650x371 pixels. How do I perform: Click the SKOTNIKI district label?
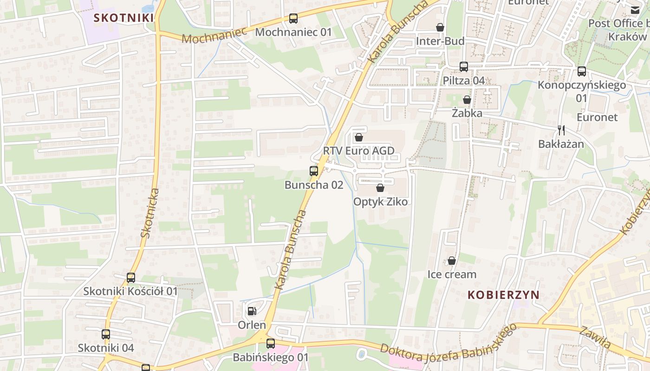(123, 18)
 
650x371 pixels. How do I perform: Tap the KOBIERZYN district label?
(503, 295)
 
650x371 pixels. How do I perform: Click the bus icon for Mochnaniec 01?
(293, 19)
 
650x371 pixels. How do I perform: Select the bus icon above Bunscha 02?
(314, 171)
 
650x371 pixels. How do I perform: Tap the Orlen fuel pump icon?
(252, 311)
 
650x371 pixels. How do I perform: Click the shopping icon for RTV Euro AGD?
(358, 137)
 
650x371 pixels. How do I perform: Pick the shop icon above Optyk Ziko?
(380, 188)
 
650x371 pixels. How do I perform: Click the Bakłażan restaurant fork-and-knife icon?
(561, 130)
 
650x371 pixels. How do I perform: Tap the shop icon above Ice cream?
(452, 261)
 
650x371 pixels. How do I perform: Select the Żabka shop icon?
(467, 100)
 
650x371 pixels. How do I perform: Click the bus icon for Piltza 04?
(463, 67)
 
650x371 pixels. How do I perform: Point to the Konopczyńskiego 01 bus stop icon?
(582, 71)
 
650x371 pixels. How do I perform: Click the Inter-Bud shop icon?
(440, 28)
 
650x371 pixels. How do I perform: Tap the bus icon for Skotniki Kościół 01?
(131, 278)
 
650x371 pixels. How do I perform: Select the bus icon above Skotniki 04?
(106, 334)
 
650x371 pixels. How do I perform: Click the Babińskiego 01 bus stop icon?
(271, 344)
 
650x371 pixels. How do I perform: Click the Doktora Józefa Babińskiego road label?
(448, 344)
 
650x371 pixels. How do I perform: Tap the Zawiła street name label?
(595, 337)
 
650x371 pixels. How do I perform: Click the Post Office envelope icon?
(635, 10)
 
